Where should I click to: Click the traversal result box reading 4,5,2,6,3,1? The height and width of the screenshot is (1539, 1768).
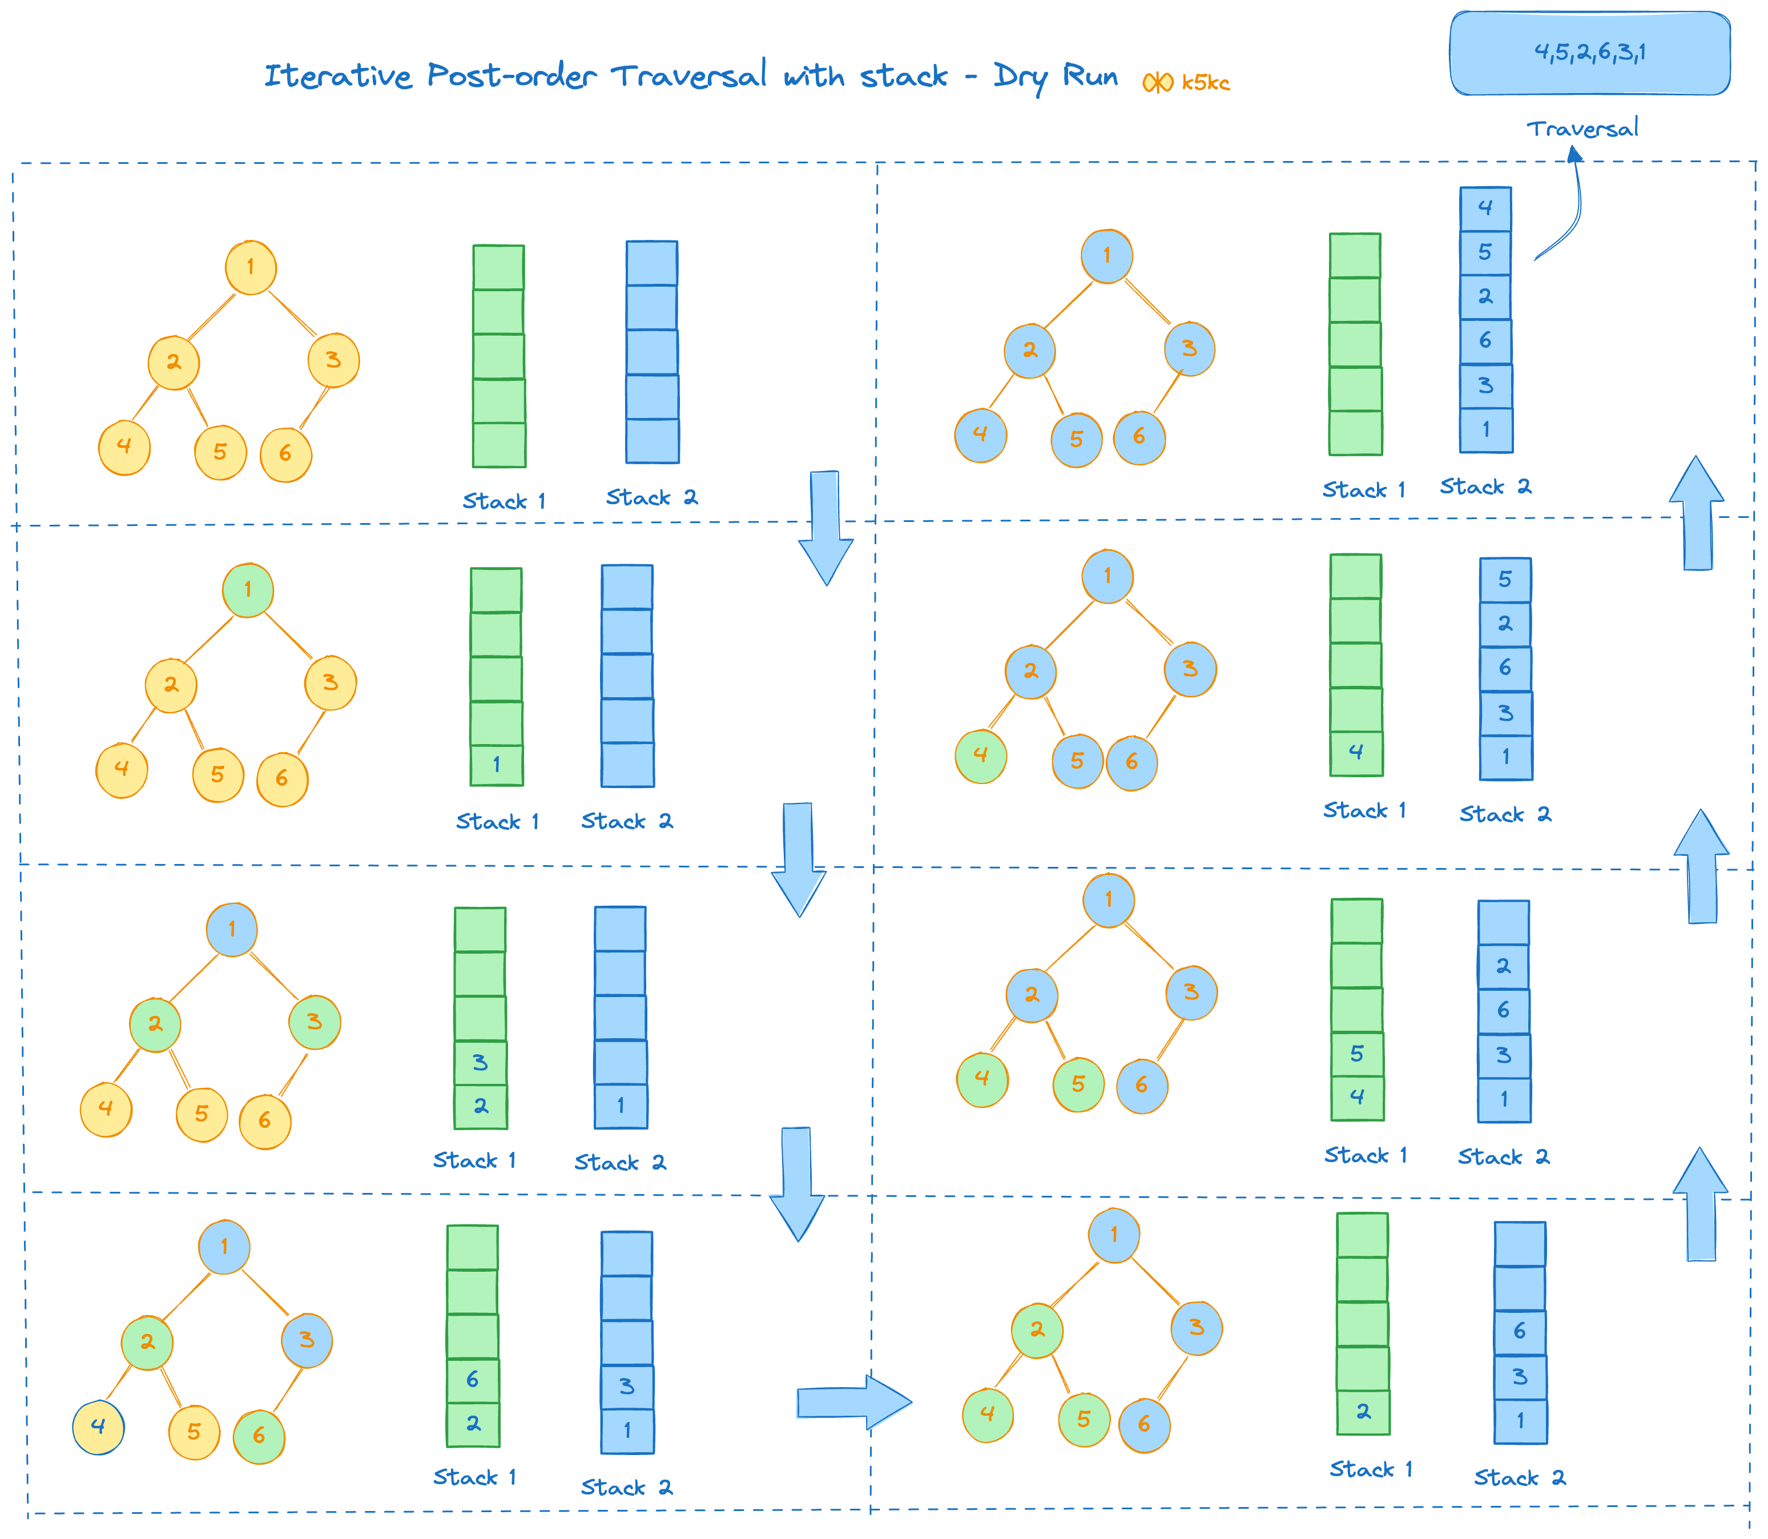click(1589, 53)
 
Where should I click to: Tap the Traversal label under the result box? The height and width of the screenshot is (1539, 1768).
click(1582, 129)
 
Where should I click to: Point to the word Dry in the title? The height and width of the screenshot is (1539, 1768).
click(1021, 77)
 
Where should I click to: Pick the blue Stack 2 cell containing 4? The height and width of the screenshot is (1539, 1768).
click(1485, 208)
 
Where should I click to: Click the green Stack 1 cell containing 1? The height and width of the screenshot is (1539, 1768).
click(496, 764)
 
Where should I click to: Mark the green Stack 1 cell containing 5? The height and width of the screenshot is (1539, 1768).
click(1357, 1054)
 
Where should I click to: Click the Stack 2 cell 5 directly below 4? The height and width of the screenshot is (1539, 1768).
click(1485, 252)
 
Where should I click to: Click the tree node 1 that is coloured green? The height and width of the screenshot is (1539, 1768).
click(248, 590)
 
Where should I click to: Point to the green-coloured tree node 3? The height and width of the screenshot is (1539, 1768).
click(315, 1022)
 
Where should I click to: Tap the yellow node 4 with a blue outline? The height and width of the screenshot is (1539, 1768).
click(99, 1427)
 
